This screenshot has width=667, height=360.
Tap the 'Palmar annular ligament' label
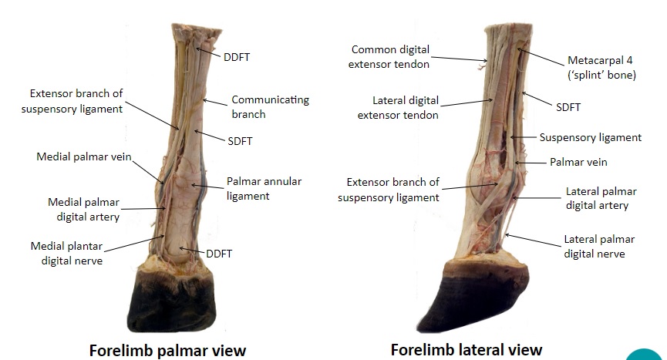(264, 188)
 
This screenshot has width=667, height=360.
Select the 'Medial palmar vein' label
(84, 156)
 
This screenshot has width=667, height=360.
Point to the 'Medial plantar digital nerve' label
(66, 253)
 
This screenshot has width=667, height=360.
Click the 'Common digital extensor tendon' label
(390, 56)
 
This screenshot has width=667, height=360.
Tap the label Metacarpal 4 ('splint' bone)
(601, 67)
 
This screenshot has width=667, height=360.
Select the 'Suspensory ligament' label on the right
(590, 138)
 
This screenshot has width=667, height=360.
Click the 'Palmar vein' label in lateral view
(578, 163)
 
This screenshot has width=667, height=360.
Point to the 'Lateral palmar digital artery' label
(598, 198)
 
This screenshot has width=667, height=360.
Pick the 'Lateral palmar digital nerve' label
(595, 246)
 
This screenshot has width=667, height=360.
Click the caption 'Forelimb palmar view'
(167, 351)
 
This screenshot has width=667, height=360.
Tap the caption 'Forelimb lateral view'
(467, 350)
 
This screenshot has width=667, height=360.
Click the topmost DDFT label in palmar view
(236, 56)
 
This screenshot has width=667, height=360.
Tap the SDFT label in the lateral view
(568, 107)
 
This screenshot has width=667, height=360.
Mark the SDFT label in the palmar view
(240, 141)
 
